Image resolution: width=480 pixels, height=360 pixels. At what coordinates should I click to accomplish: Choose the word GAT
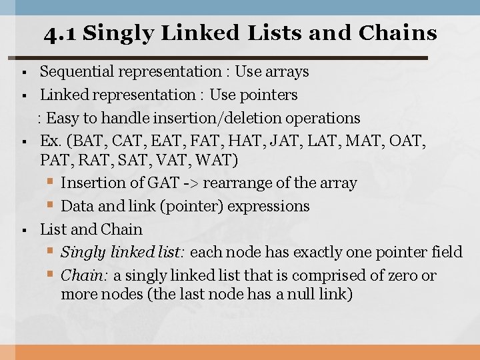(146, 183)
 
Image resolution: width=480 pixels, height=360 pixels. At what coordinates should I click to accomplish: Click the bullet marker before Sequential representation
(23, 72)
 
